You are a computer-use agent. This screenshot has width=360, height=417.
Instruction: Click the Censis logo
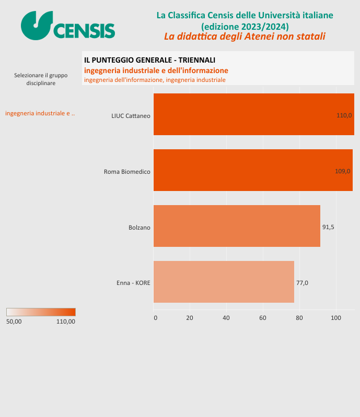point(68,26)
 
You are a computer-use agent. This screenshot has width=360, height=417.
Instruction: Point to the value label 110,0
point(344,115)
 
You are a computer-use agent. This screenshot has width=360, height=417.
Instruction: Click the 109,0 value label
point(342,171)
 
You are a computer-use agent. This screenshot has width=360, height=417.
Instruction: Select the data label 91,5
point(328,227)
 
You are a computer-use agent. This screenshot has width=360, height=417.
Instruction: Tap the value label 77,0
point(302,283)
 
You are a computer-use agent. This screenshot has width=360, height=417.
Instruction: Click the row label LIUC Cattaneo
point(131,115)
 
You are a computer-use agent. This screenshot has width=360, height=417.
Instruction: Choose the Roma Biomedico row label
point(127,171)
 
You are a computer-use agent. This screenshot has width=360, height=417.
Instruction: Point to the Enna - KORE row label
point(133,283)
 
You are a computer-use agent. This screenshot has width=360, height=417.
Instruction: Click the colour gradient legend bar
point(41,312)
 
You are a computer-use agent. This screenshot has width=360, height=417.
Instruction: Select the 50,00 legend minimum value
point(14,321)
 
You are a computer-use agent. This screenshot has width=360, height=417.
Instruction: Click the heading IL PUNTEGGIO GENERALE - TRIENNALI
point(149,61)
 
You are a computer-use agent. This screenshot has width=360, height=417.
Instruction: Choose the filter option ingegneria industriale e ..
point(40,113)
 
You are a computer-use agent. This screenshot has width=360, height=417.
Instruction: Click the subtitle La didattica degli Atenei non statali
point(245,36)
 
